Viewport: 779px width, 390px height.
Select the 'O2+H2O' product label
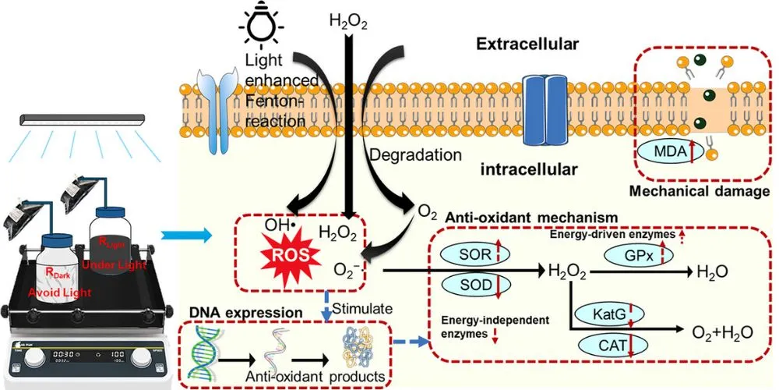[x=723, y=331]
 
